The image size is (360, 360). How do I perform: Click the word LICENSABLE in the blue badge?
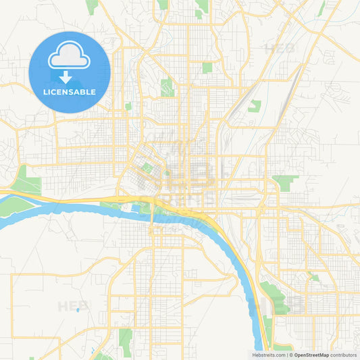[x=70, y=92]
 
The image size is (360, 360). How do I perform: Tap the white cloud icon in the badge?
[x=70, y=59]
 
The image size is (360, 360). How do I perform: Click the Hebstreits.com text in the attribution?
[x=267, y=355]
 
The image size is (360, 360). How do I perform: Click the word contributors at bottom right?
[x=343, y=355]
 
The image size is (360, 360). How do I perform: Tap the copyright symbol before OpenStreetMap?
[x=290, y=355]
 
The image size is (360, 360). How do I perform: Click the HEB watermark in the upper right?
[x=280, y=49]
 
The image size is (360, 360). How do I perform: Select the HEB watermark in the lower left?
[x=73, y=305]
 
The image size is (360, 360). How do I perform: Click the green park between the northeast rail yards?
[x=254, y=106]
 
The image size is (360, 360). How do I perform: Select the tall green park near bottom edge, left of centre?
[x=125, y=338]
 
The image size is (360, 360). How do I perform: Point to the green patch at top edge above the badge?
[x=91, y=7]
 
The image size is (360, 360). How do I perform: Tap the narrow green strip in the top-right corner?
[x=322, y=8]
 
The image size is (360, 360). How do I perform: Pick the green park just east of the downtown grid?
[x=286, y=181]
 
